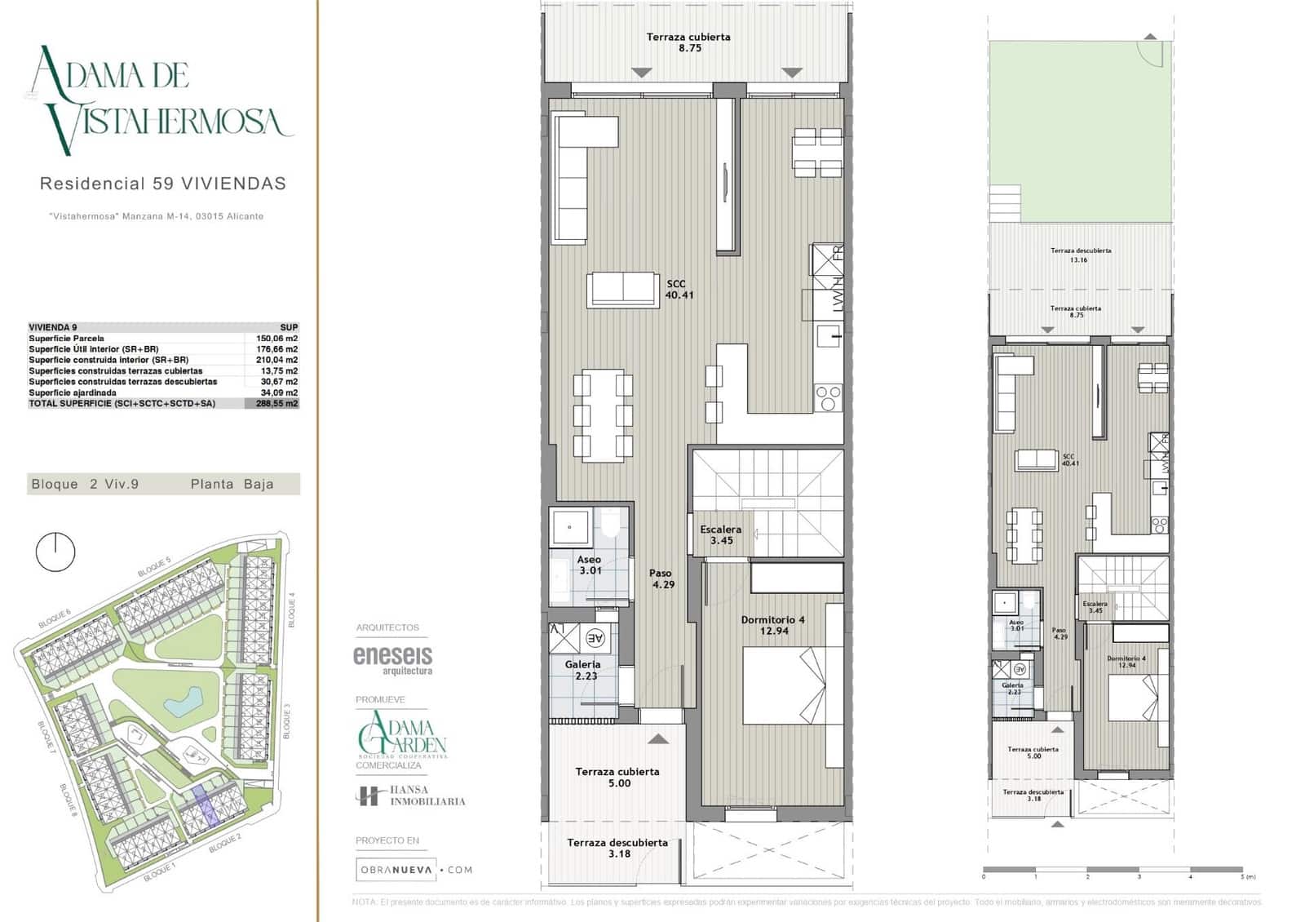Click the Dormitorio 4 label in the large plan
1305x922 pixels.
pyautogui.click(x=772, y=625)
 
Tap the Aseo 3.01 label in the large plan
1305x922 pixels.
pyautogui.click(x=590, y=565)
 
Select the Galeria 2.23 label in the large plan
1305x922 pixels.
pyautogui.click(x=582, y=670)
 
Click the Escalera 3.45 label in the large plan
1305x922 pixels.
pyautogui.click(x=721, y=535)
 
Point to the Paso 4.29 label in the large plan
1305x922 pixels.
pyautogui.click(x=662, y=578)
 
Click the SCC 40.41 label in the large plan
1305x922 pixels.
pyautogui.click(x=679, y=290)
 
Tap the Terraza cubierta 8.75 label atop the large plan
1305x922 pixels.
pyautogui.click(x=688, y=42)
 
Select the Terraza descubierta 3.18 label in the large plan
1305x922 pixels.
pyautogui.click(x=617, y=848)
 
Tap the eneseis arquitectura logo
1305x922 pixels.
pyautogui.click(x=392, y=659)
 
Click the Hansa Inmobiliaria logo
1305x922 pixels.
pyautogui.click(x=410, y=796)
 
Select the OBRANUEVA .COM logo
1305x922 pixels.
pyautogui.click(x=414, y=870)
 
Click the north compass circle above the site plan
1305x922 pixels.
pyautogui.click(x=55, y=552)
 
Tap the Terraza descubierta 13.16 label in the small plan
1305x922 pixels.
pyautogui.click(x=1080, y=255)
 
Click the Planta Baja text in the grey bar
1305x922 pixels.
pyautogui.click(x=232, y=484)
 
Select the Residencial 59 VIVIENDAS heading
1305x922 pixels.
pyautogui.click(x=163, y=184)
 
